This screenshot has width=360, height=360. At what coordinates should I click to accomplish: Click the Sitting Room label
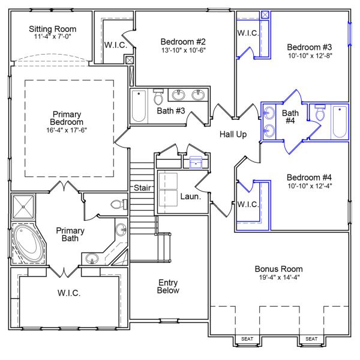52,29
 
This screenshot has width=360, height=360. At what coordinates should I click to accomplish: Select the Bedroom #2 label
183,41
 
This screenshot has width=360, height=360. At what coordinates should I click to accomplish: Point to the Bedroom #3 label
309,47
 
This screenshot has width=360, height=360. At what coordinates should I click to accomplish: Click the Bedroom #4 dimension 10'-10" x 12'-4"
309,186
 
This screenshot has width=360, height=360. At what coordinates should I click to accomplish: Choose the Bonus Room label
278,269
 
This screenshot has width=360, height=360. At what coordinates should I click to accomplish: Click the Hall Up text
233,134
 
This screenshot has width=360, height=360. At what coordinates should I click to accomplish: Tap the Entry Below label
168,286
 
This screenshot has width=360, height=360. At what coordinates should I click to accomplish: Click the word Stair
142,188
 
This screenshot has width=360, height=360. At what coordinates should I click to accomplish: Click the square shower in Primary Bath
24,207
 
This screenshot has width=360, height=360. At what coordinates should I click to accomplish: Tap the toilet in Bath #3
158,97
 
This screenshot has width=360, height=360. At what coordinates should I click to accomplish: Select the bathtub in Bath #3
139,105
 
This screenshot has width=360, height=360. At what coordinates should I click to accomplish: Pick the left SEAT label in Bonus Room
247,339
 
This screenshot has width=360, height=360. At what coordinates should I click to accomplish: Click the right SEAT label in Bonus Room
311,339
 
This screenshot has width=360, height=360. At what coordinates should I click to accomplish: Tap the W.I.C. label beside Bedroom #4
248,205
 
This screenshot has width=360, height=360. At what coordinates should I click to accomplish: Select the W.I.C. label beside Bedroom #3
248,34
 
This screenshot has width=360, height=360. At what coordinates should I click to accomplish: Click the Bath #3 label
170,110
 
